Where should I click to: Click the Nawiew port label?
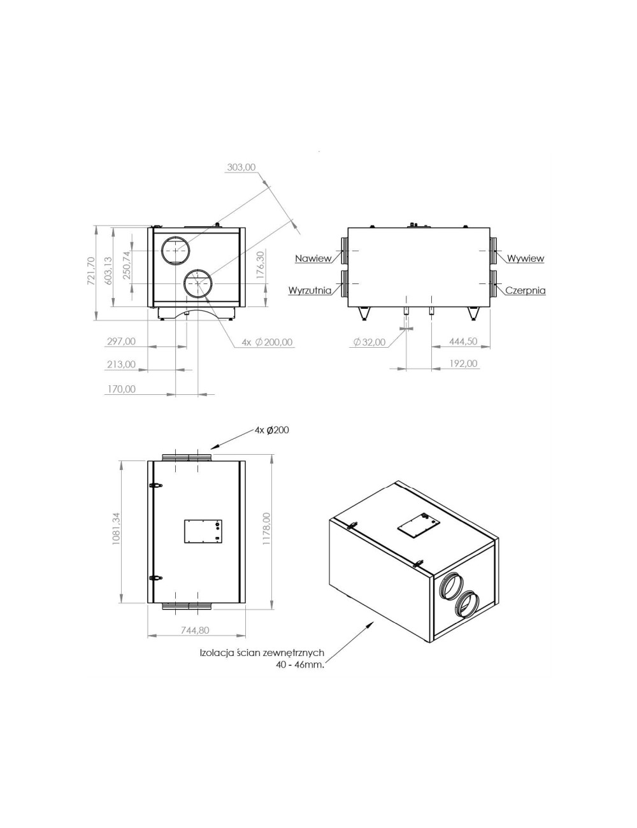click(313, 259)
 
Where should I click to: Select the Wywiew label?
click(526, 259)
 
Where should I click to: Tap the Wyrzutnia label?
click(310, 290)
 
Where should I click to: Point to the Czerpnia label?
click(526, 290)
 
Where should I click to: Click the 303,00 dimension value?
click(241, 168)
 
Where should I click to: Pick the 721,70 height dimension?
click(90, 271)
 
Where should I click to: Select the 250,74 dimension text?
click(127, 265)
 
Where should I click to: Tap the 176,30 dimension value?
click(260, 265)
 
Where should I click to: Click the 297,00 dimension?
click(121, 341)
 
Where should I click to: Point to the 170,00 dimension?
click(121, 389)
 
